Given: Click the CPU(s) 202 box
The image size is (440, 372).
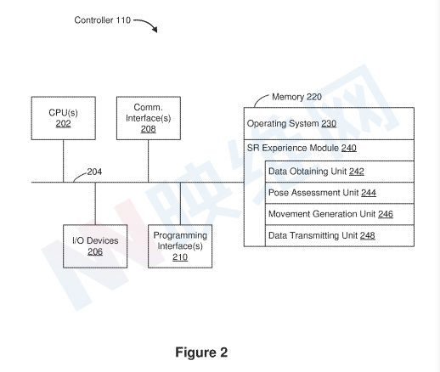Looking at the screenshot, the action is (64, 118).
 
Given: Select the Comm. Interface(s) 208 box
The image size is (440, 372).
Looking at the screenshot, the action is (149, 118).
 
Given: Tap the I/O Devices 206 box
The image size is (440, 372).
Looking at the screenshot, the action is (95, 246).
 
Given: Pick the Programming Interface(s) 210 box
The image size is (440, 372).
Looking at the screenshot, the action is (180, 246).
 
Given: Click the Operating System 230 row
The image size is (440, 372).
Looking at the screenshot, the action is (329, 123).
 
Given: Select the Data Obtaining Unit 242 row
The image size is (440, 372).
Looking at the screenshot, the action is (340, 172).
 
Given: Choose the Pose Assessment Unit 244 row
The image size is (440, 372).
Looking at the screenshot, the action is (340, 193).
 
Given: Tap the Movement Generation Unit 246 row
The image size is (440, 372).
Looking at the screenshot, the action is (340, 214).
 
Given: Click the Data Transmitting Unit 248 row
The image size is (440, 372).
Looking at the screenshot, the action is (340, 235).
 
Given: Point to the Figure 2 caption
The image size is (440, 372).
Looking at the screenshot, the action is (201, 352).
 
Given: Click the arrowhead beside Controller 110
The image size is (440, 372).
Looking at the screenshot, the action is (155, 30).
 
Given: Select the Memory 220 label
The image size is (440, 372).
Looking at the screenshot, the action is (296, 97).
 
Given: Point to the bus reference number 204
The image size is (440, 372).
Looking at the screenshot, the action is (94, 172).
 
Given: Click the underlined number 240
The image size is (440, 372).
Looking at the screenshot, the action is (349, 148).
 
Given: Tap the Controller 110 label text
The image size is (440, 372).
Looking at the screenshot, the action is (103, 20).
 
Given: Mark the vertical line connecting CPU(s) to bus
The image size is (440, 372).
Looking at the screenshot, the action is (63, 161).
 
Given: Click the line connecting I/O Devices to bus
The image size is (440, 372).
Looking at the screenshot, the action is (95, 204).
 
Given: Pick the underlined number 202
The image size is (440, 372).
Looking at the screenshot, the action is (63, 124).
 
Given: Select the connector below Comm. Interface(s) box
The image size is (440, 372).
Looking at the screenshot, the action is (149, 161).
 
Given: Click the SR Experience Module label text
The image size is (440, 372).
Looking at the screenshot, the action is (293, 148).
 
